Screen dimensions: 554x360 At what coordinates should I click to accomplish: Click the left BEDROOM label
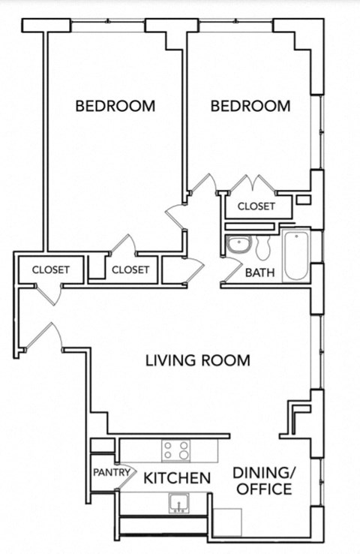click(115, 106)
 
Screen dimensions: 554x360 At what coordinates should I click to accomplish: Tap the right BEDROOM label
click(250, 106)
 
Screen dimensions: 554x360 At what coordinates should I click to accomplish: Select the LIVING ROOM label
click(197, 360)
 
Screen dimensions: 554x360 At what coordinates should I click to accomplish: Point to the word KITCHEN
click(176, 478)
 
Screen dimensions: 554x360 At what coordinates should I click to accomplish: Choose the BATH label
click(259, 272)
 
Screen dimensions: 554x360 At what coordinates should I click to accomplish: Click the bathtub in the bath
click(297, 257)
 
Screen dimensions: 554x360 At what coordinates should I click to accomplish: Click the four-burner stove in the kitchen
click(177, 450)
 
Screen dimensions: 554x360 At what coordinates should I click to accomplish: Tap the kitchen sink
click(179, 502)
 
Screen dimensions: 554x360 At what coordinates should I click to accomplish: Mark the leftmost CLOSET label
click(51, 269)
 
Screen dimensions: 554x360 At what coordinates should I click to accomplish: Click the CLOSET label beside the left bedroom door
click(130, 269)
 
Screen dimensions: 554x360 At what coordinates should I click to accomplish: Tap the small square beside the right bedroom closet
click(303, 200)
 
